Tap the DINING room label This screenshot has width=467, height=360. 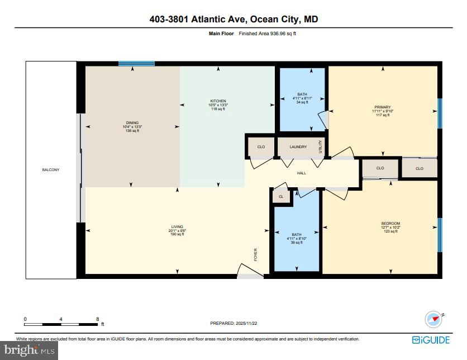pyautogui.click(x=132, y=123)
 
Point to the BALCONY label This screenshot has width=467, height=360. pyautogui.click(x=50, y=170)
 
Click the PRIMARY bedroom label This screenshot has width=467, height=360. pyautogui.click(x=383, y=107)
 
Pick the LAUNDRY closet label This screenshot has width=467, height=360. pyautogui.click(x=298, y=147)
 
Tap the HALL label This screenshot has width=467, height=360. pyautogui.click(x=302, y=173)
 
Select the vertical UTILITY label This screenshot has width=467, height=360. pyautogui.click(x=321, y=146)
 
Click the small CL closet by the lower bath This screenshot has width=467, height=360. pyautogui.click(x=281, y=196)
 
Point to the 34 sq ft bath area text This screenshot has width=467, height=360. pyautogui.click(x=302, y=102)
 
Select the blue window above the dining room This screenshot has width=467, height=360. pyautogui.click(x=136, y=64)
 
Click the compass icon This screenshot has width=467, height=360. pyautogui.click(x=433, y=319)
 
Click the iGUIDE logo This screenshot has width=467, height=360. pyautogui.click(x=431, y=339)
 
